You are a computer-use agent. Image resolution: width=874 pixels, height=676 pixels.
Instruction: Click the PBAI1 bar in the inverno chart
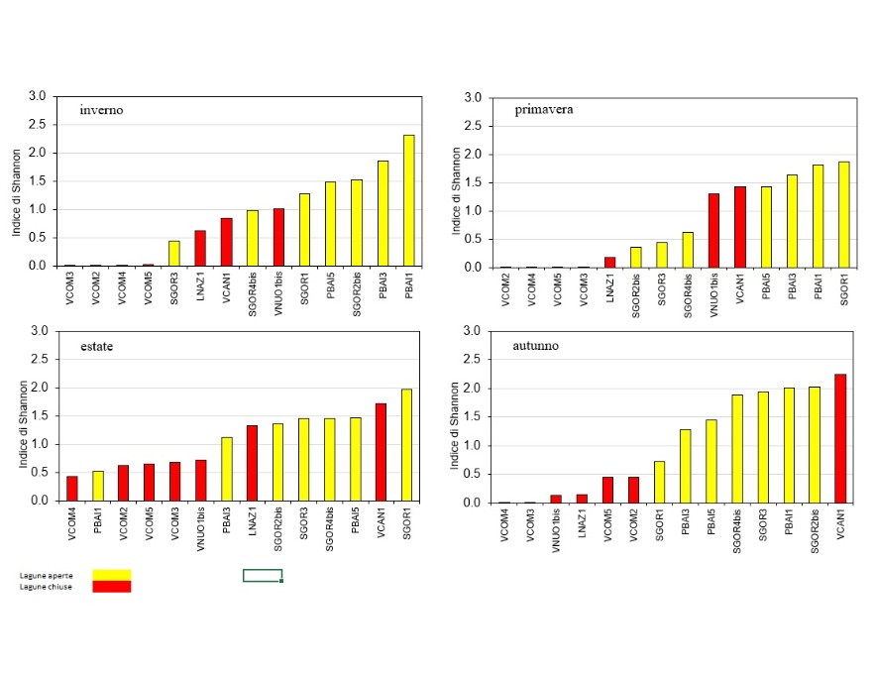click(x=408, y=201)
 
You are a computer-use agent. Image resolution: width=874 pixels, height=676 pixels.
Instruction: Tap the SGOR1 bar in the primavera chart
click(x=844, y=214)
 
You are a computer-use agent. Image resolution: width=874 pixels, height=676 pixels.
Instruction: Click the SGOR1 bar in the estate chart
click(x=406, y=445)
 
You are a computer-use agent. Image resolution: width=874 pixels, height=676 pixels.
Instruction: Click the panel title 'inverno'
click(x=102, y=110)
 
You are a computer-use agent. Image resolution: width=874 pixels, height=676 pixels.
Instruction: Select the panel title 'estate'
click(x=98, y=346)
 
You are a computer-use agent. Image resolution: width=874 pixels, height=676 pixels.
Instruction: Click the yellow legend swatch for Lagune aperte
click(x=111, y=574)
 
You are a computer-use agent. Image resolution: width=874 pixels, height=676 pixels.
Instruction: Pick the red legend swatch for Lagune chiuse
click(x=111, y=587)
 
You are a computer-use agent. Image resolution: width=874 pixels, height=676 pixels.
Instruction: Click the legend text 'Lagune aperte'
click(x=45, y=575)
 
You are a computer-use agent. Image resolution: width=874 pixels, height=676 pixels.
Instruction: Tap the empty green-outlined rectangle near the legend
click(x=263, y=575)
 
